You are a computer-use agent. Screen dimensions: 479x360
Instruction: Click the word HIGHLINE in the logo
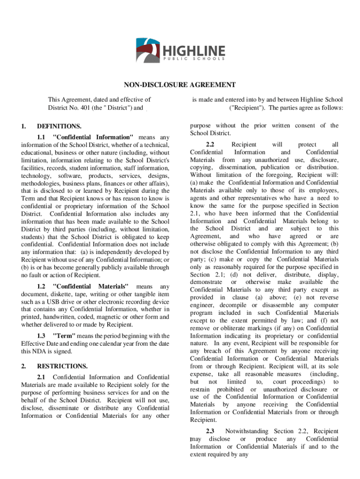(x=194, y=50)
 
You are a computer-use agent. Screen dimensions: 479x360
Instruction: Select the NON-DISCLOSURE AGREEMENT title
(x=180, y=85)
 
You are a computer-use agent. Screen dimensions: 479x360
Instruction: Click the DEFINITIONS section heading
(x=59, y=126)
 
